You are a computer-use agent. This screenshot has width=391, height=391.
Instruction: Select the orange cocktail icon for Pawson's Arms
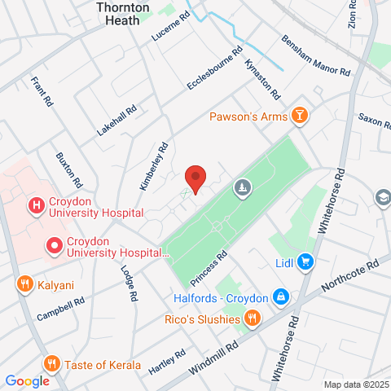(x=301, y=116)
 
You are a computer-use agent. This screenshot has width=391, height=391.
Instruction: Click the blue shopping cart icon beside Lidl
(x=305, y=261)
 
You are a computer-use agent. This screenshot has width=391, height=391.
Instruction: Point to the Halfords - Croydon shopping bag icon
(x=280, y=296)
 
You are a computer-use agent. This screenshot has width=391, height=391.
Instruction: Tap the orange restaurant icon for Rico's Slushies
(x=253, y=318)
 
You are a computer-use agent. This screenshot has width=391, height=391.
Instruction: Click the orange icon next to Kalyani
(x=24, y=284)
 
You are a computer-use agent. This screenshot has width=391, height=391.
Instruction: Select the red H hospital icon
(x=36, y=207)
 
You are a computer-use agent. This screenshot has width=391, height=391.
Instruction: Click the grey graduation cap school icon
(x=381, y=197)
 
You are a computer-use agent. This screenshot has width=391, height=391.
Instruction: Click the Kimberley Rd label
(x=153, y=168)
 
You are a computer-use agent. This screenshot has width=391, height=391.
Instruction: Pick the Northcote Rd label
(x=350, y=279)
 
